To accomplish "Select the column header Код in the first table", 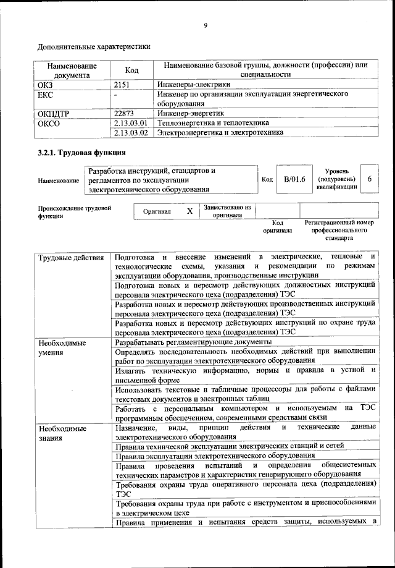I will click(x=131, y=70).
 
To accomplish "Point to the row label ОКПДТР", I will click(x=54, y=114).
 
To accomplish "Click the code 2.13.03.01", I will click(x=132, y=123).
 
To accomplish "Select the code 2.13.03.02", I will click(x=132, y=132).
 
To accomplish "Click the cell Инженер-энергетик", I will click(x=190, y=114).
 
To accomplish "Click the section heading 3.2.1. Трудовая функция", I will click(x=82, y=153).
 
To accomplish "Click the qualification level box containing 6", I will click(x=369, y=179).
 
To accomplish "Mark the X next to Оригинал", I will click(x=189, y=211).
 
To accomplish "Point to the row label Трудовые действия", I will click(x=70, y=257).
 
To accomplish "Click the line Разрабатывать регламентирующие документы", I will click(x=193, y=342).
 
